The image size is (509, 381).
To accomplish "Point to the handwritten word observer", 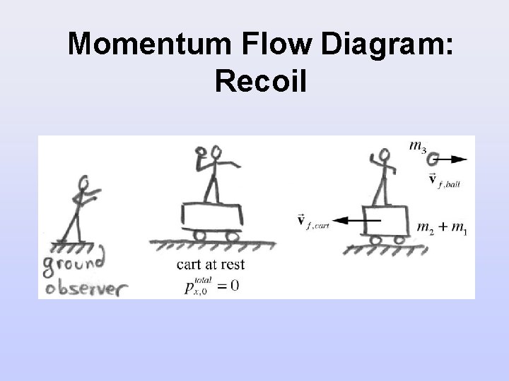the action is (x=84, y=287).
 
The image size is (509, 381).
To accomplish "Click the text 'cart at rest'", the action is (x=211, y=265).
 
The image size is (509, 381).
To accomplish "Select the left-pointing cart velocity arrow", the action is (x=358, y=221).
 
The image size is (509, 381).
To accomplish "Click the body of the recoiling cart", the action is (x=385, y=220).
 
